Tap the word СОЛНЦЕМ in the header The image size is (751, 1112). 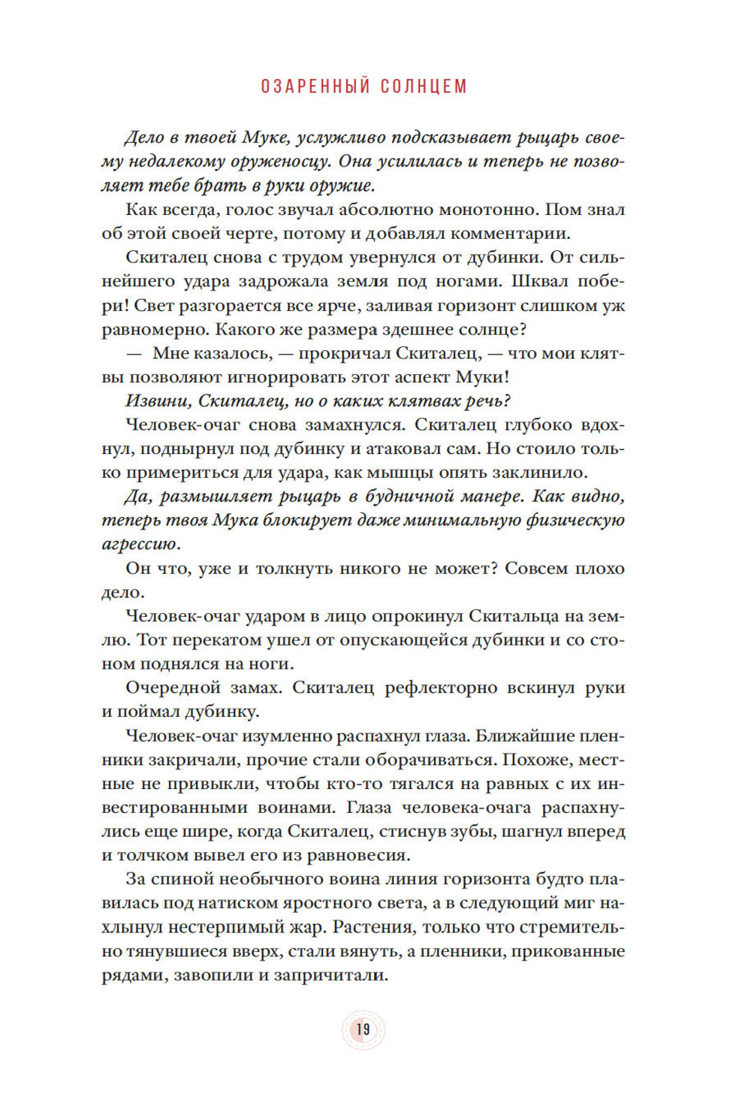click(x=424, y=86)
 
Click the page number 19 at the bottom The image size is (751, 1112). click(x=363, y=1029)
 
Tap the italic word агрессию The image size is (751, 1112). click(x=140, y=544)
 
